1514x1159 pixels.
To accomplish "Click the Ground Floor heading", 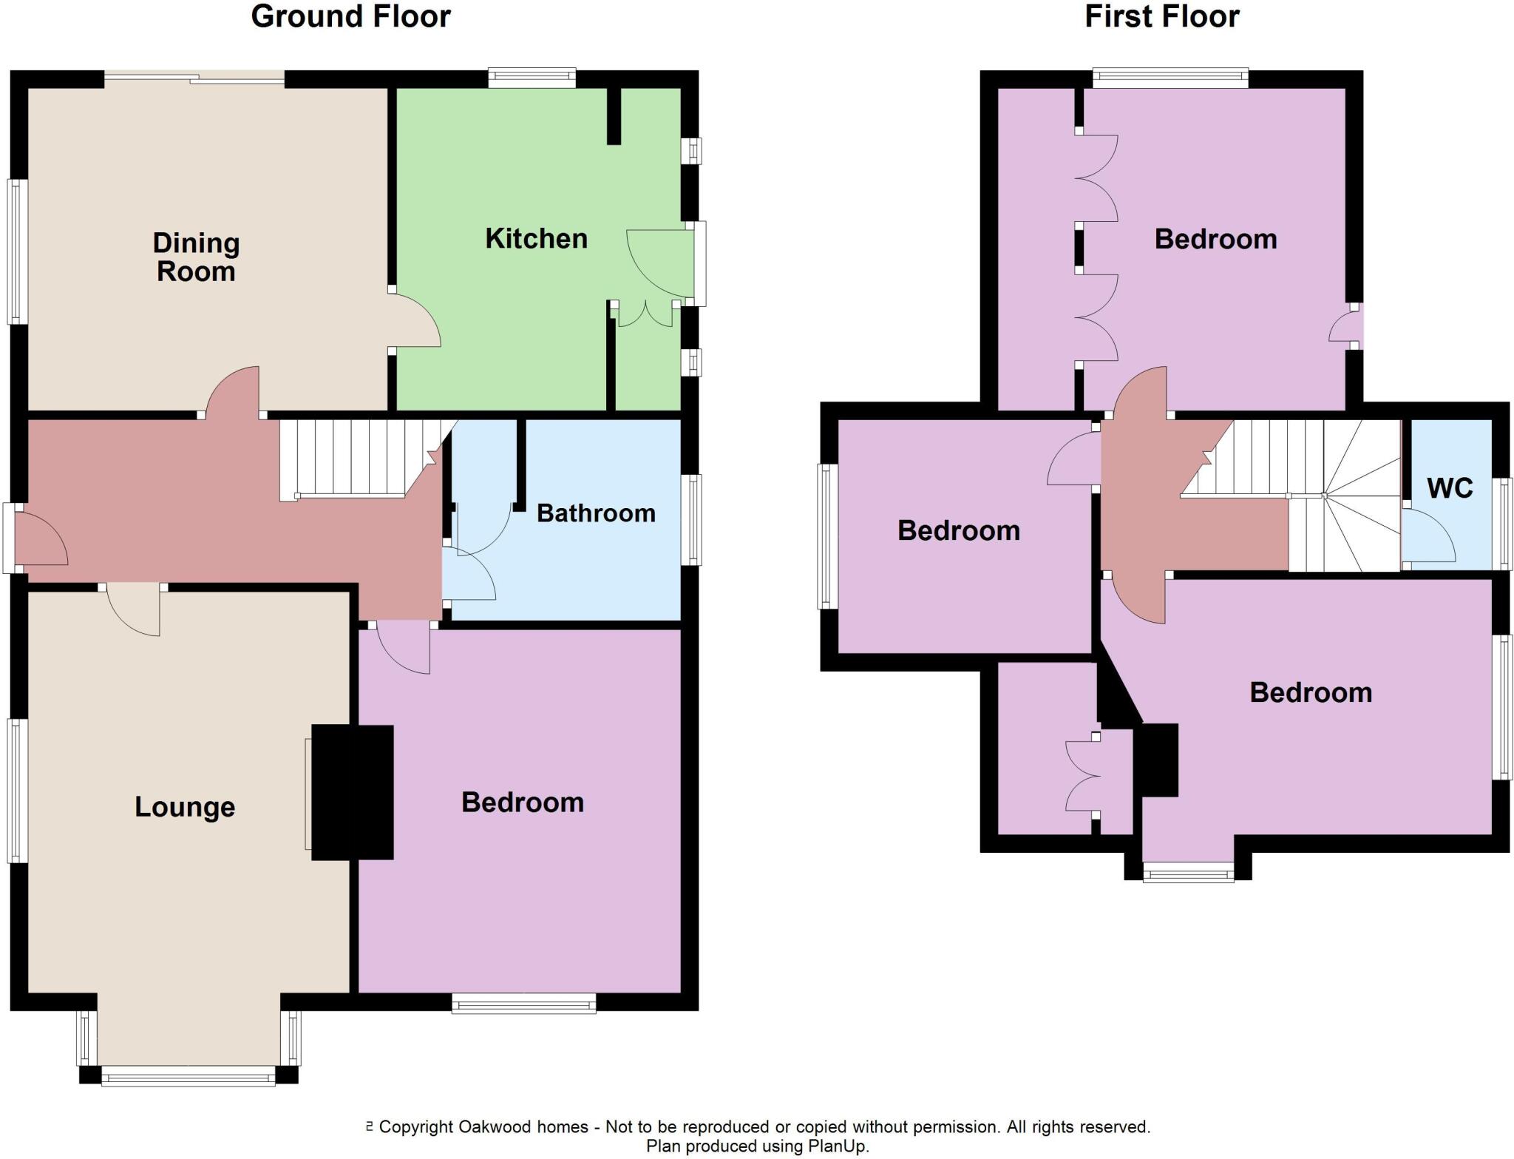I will tap(350, 16).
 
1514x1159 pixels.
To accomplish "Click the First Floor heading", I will tap(1161, 16).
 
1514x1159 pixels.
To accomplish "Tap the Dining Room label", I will tap(196, 257).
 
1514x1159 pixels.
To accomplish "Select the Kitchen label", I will tap(536, 238).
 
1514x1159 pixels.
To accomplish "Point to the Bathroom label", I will tap(596, 513).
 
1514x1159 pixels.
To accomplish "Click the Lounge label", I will tap(185, 806).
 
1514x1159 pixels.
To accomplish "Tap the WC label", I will tap(1450, 487).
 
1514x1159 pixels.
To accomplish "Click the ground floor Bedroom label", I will tap(523, 802).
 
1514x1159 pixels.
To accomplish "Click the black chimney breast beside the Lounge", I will tap(352, 792).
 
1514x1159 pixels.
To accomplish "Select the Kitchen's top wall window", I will tap(532, 78).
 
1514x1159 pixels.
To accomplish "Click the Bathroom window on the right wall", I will tap(691, 520).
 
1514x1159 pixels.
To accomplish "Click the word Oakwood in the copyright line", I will tap(494, 1126).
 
